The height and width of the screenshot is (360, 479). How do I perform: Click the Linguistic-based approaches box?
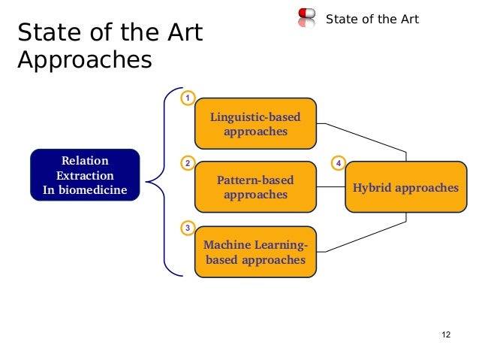click(x=255, y=124)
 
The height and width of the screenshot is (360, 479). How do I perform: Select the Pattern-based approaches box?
click(x=255, y=187)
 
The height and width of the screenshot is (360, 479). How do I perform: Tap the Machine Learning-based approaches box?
click(x=255, y=253)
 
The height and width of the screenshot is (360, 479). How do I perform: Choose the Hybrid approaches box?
click(x=405, y=187)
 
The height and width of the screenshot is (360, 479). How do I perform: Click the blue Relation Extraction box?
click(x=85, y=174)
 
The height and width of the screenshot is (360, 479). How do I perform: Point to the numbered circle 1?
click(x=188, y=98)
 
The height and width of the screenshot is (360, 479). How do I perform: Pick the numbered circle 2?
click(x=188, y=162)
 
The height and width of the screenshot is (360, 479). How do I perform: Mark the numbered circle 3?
click(x=188, y=227)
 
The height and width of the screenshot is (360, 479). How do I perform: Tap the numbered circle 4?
click(x=339, y=162)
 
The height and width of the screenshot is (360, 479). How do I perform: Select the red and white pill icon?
click(x=306, y=18)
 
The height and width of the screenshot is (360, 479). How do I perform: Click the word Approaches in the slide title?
click(x=84, y=59)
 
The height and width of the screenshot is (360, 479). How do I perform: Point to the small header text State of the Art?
click(x=372, y=19)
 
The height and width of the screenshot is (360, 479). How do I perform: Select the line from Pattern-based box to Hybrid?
click(x=330, y=187)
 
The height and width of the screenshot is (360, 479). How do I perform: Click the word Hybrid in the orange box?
click(x=373, y=187)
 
